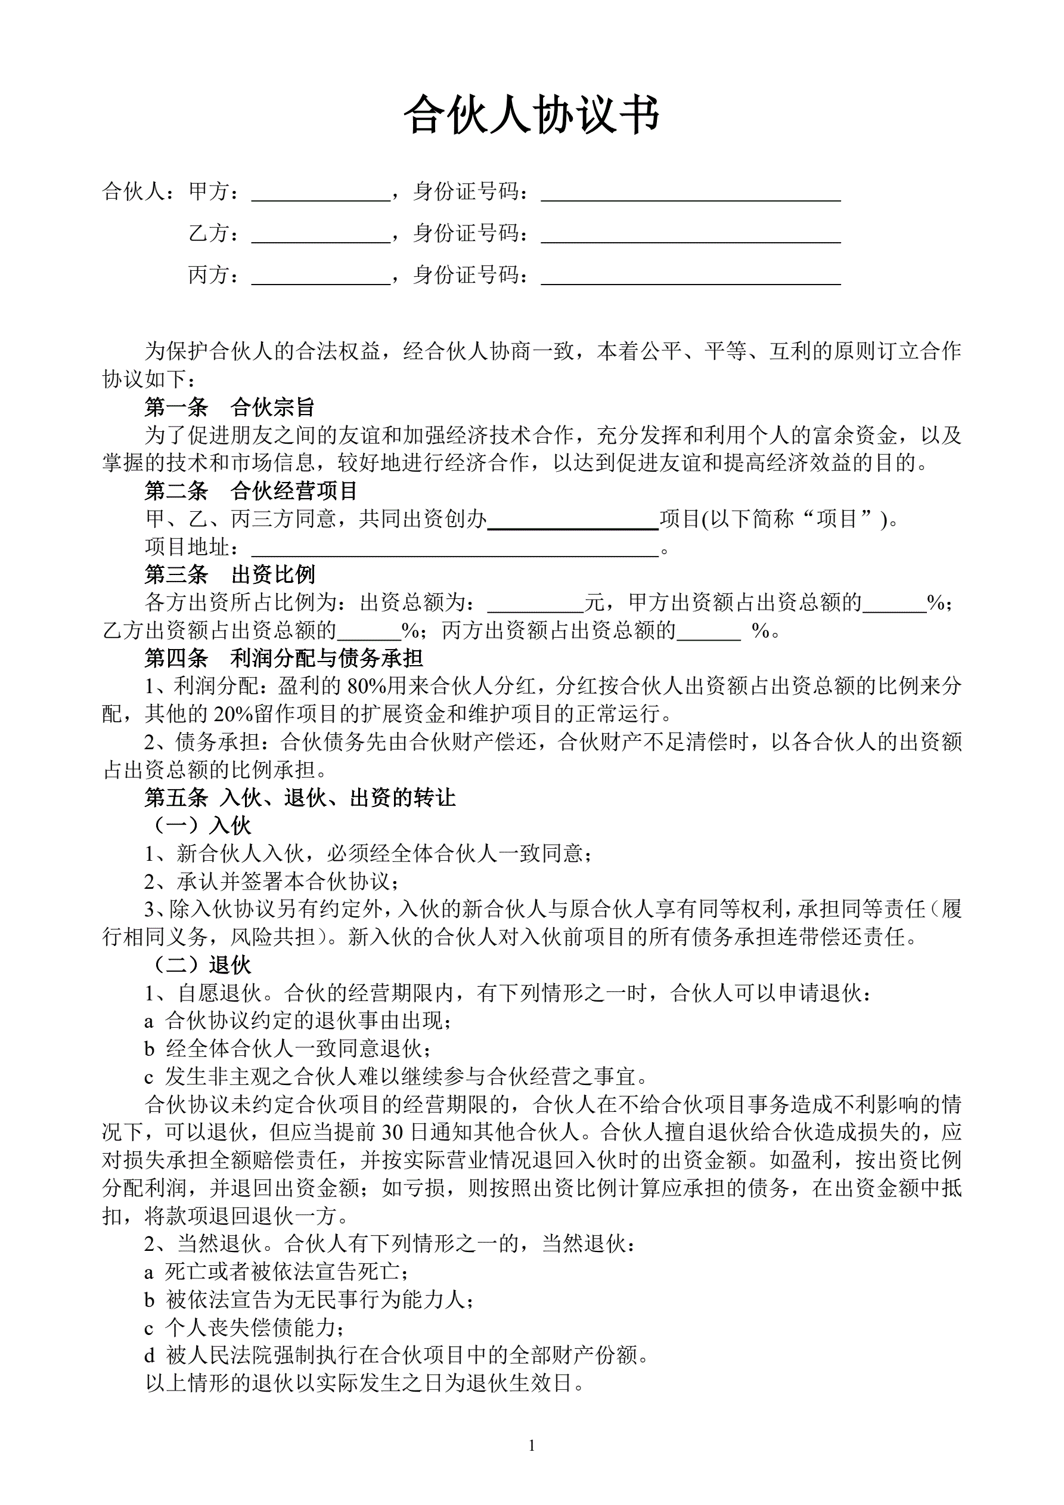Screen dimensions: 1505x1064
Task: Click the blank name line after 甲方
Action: [x=321, y=194]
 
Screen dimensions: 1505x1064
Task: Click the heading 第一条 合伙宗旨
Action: [x=229, y=407]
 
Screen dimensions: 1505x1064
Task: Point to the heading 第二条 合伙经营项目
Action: [x=251, y=490]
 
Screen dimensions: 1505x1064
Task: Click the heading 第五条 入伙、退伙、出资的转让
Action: [x=299, y=797]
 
